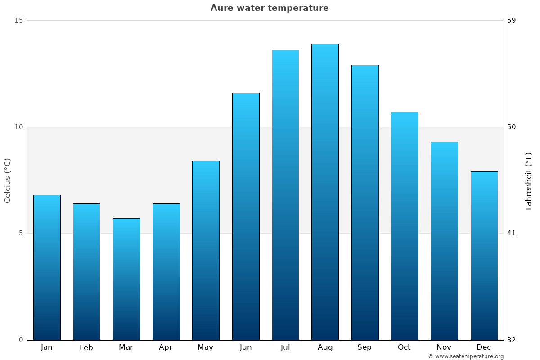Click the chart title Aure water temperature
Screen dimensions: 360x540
point(270,8)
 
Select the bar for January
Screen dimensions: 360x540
point(47,267)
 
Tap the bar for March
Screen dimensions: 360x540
point(126,279)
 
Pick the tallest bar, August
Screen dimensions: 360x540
point(325,192)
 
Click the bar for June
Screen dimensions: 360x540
point(246,216)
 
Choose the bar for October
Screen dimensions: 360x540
point(405,226)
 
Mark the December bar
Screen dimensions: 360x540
point(484,256)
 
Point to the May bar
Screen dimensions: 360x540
point(206,250)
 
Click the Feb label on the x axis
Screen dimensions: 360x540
point(86,347)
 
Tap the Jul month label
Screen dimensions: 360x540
point(285,347)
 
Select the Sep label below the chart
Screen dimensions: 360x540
point(364,347)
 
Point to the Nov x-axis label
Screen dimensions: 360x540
point(444,347)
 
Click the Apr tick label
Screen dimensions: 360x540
point(166,347)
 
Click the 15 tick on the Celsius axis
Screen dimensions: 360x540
point(18,20)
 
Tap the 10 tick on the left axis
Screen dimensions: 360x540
point(18,127)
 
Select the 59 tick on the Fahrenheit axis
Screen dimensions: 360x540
point(512,20)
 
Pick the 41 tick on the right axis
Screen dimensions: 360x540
point(512,233)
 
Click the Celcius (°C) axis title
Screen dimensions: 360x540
point(7,180)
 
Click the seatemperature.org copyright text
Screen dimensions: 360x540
point(466,356)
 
